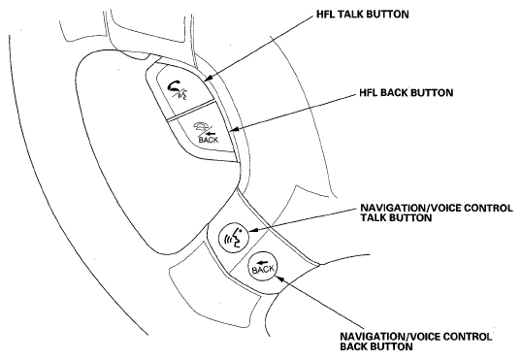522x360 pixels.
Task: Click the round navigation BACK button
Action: click(264, 266)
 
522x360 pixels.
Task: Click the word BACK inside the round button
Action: click(264, 270)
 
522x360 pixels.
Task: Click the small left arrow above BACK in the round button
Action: click(263, 259)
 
